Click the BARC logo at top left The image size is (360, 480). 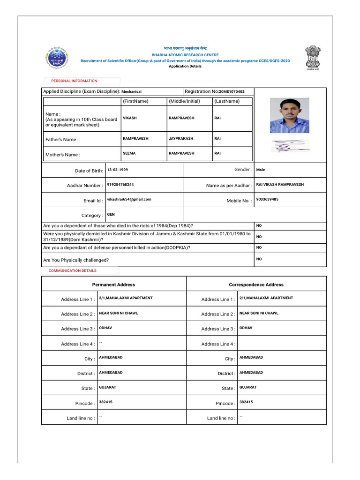pyautogui.click(x=56, y=59)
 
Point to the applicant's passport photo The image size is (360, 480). pyautogui.click(x=289, y=115)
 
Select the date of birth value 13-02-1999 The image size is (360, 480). pyautogui.click(x=117, y=170)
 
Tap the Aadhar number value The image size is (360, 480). pyautogui.click(x=120, y=185)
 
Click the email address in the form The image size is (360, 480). pyautogui.click(x=129, y=199)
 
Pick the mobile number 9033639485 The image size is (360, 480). pyautogui.click(x=267, y=199)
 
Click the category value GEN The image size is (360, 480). pyautogui.click(x=111, y=214)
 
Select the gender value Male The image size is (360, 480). pyautogui.click(x=260, y=170)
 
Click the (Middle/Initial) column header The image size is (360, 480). pyautogui.click(x=184, y=101)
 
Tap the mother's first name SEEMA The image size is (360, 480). pyautogui.click(x=129, y=153)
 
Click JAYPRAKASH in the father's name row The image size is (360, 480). pyautogui.click(x=180, y=139)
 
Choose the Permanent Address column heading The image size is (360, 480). pyautogui.click(x=113, y=285)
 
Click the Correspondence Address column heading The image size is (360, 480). pyautogui.click(x=256, y=285)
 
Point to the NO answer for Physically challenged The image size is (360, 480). pyautogui.click(x=259, y=259)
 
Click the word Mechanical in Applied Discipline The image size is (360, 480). pyautogui.click(x=131, y=92)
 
